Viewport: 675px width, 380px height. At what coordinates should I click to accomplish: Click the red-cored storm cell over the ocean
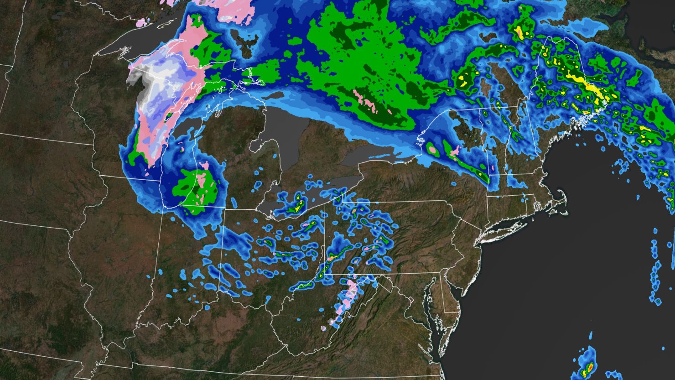[x=589, y=365]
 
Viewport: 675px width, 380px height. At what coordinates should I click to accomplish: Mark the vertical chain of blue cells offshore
[x=655, y=278]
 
